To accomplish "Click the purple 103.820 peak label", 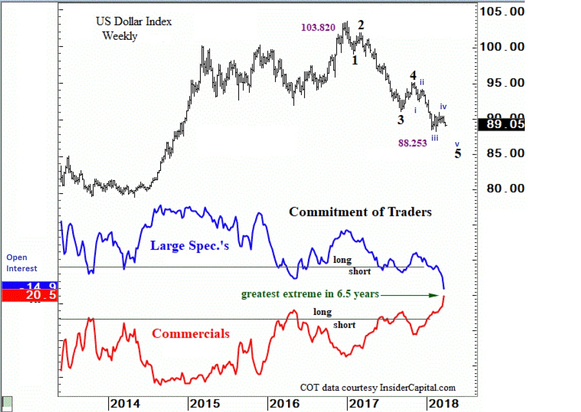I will [318, 28].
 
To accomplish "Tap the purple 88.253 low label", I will [412, 143].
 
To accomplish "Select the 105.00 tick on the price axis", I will [501, 11].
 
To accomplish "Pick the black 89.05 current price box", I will [501, 125].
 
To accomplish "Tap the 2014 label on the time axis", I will [125, 403].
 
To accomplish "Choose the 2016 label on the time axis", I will [283, 403].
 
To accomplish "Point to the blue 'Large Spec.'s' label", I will [189, 246].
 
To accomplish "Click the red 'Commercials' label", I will [191, 333].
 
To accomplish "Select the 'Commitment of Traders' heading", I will [360, 212].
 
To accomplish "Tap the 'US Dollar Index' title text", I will [133, 21].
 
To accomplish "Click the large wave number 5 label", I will [458, 154].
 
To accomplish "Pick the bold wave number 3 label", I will [401, 120].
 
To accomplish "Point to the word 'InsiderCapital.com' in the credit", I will [418, 387].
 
